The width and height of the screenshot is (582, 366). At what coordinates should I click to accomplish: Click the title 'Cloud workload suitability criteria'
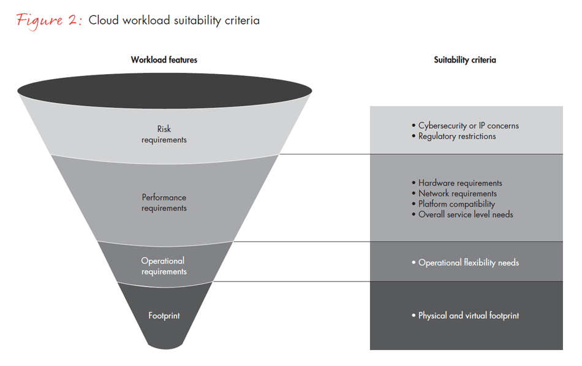(174, 20)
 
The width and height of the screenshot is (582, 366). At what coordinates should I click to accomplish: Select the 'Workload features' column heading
(164, 60)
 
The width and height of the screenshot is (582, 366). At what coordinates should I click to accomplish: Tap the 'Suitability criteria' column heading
(465, 60)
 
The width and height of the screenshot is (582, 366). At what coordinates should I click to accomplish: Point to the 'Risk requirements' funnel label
(164, 134)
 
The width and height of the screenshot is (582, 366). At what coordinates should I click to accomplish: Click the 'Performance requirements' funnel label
(164, 203)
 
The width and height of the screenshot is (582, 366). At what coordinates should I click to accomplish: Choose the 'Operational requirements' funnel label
(164, 266)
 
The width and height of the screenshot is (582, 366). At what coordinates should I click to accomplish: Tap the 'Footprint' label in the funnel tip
(164, 316)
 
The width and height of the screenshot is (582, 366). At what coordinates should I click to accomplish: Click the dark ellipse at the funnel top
(164, 91)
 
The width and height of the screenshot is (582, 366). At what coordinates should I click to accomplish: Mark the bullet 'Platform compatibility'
(456, 204)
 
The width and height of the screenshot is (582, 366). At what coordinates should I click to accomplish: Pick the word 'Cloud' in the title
(102, 20)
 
